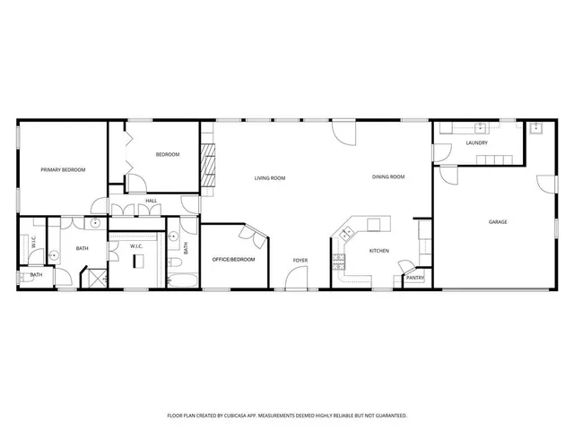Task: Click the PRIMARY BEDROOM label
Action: (62, 169)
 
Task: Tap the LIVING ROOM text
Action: (270, 178)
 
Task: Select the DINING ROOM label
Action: (388, 176)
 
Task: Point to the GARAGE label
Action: (498, 221)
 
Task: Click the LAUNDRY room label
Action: (476, 143)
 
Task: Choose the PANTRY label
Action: (414, 278)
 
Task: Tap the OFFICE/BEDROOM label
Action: (233, 259)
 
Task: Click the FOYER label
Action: (300, 260)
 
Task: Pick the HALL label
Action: (152, 201)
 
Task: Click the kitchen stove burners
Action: (339, 262)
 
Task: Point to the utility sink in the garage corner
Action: (536, 128)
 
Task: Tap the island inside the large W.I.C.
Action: (138, 262)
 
